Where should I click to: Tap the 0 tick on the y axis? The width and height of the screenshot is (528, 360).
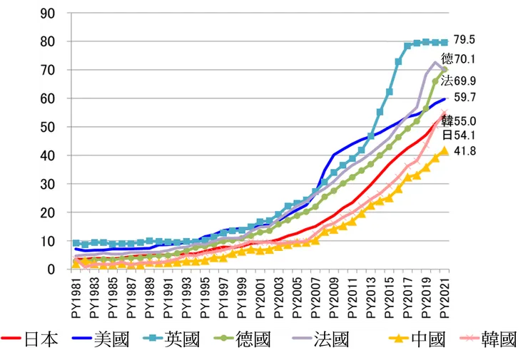pos(53,269)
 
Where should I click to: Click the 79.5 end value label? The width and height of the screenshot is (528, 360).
pos(467,43)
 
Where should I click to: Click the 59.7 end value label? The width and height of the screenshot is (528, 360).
pos(467,96)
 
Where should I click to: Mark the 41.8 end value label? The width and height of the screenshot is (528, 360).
pos(467,151)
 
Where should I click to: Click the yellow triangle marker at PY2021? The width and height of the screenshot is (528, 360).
pos(444,150)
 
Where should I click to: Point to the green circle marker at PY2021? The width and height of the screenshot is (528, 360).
pos(444,70)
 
